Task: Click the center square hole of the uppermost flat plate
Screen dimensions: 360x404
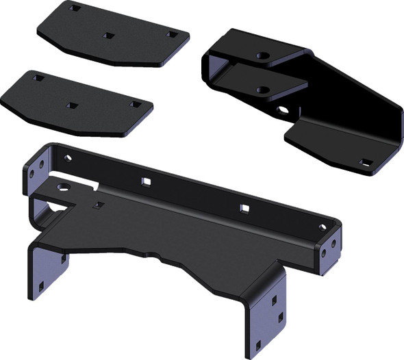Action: [x=107, y=35]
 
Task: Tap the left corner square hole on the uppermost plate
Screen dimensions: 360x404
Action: [x=75, y=9]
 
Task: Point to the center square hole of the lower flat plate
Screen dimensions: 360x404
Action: [x=72, y=106]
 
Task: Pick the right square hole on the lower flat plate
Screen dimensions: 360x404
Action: [x=135, y=104]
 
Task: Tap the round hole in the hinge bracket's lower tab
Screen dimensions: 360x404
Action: [x=263, y=89]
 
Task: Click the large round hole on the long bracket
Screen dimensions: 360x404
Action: [x=64, y=185]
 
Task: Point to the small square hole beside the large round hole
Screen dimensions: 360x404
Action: [x=99, y=205]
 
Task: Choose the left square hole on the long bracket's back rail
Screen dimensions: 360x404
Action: [x=145, y=181]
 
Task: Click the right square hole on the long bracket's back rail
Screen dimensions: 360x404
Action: [x=242, y=207]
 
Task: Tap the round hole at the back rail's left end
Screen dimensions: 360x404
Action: [x=67, y=158]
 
